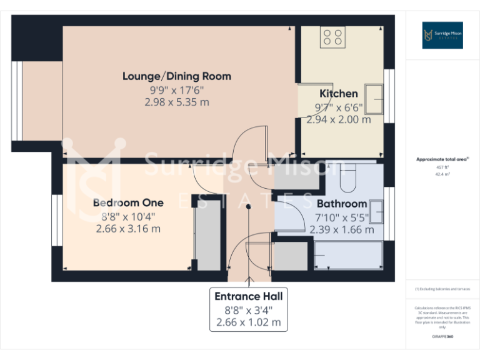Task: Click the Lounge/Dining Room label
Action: [177, 76]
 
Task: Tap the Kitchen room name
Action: [339, 94]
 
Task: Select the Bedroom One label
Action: [128, 202]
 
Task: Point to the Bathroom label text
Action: [342, 204]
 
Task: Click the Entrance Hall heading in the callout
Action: [249, 296]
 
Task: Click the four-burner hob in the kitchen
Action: [332, 37]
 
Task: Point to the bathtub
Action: [350, 256]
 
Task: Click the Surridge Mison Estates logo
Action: [442, 35]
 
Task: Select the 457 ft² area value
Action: [442, 167]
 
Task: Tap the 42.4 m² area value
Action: [442, 174]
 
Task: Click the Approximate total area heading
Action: [442, 160]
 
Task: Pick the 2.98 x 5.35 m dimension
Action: [177, 102]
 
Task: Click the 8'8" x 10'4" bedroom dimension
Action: [128, 216]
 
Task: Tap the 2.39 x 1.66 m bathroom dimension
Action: [342, 229]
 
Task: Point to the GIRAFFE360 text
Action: [442, 336]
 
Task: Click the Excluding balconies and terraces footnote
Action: [442, 289]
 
